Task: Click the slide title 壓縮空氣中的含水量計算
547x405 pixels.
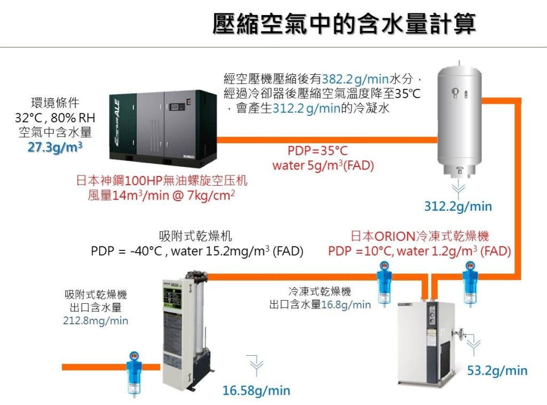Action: [x=344, y=24]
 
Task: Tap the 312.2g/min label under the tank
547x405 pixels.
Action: [x=458, y=206]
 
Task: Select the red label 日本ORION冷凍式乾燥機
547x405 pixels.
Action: [x=419, y=236]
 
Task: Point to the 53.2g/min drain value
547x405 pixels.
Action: [x=497, y=370]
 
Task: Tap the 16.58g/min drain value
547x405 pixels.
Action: [x=256, y=391]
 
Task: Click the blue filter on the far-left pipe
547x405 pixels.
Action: [x=133, y=370]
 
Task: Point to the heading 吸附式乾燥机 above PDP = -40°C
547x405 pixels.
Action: [x=196, y=236]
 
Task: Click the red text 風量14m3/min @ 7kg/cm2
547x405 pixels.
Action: [x=161, y=196]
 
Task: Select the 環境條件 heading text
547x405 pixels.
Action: [x=55, y=103]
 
